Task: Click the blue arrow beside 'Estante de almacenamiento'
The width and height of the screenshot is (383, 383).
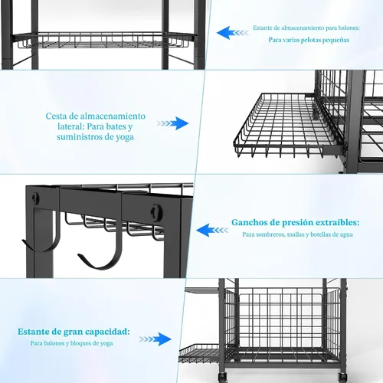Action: pyautogui.click(x=233, y=33)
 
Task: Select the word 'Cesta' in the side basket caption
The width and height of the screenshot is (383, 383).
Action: pyautogui.click(x=56, y=116)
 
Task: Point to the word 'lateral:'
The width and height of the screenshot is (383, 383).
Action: pyautogui.click(x=71, y=126)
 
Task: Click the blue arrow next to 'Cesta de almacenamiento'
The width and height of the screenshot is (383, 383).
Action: pyautogui.click(x=172, y=123)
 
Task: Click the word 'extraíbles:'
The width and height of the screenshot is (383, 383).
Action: pyautogui.click(x=338, y=222)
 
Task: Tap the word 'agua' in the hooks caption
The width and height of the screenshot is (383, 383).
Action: pyautogui.click(x=345, y=235)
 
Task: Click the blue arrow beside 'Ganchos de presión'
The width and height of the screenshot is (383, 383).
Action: pyautogui.click(x=212, y=230)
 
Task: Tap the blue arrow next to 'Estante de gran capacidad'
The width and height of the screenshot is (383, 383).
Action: pyautogui.click(x=155, y=339)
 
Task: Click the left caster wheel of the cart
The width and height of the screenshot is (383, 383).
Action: pyautogui.click(x=222, y=377)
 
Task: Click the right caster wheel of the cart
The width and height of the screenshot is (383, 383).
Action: pyautogui.click(x=342, y=377)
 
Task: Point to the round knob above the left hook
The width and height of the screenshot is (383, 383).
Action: pyautogui.click(x=36, y=198)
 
